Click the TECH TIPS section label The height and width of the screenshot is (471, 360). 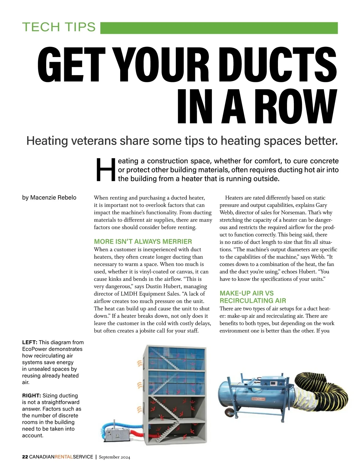tap(59, 27)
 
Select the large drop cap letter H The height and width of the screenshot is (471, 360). tap(105, 170)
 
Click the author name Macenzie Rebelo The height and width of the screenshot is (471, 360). tap(53, 198)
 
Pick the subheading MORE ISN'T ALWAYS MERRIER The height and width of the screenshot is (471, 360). tap(143, 242)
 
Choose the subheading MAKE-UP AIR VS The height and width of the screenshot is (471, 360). tap(246, 293)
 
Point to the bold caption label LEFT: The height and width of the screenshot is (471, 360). tap(29, 342)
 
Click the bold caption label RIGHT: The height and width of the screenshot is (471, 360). tap(31, 396)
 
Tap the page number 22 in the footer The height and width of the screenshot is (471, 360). tap(25, 457)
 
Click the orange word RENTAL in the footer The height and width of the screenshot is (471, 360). tap(64, 457)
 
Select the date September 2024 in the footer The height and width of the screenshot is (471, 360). tap(114, 457)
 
